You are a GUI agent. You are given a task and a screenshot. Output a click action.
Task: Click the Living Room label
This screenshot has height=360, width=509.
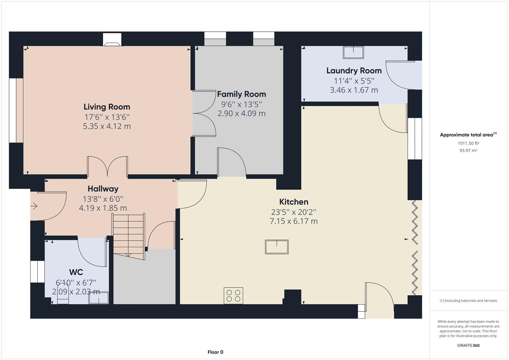107,107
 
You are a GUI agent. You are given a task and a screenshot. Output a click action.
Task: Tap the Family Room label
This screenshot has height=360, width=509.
241,94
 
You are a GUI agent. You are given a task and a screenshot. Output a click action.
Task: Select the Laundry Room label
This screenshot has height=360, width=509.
354,71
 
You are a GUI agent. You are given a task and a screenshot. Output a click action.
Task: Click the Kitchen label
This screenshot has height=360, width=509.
293,202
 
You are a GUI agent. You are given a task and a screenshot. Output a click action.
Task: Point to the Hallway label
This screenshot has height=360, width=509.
103,189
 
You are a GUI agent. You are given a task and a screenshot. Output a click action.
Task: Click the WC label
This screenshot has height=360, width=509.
76,272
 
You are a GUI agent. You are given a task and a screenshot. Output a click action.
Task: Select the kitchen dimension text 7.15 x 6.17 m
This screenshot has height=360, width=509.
293,221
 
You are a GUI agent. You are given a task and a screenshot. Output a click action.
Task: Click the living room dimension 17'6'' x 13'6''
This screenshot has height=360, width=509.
107,117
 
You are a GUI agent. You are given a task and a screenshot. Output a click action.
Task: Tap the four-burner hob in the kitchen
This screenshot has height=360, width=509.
233,296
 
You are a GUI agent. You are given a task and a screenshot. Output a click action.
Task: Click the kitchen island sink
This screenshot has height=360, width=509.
277,247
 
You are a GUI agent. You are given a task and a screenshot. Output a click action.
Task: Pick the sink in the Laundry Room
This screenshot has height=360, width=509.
353,52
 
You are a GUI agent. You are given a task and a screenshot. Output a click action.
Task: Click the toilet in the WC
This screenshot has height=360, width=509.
63,294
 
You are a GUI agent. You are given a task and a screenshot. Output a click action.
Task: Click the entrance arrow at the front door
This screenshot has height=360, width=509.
34,207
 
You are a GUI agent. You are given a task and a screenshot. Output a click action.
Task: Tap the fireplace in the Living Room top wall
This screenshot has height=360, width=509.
112,40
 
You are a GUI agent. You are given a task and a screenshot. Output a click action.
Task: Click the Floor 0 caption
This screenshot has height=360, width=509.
215,352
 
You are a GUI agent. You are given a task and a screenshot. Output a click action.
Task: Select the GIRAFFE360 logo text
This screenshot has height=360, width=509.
468,345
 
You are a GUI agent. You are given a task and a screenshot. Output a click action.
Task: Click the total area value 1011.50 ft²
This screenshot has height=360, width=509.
468,143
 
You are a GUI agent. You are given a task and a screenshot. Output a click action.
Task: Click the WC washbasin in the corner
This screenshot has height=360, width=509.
98,298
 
